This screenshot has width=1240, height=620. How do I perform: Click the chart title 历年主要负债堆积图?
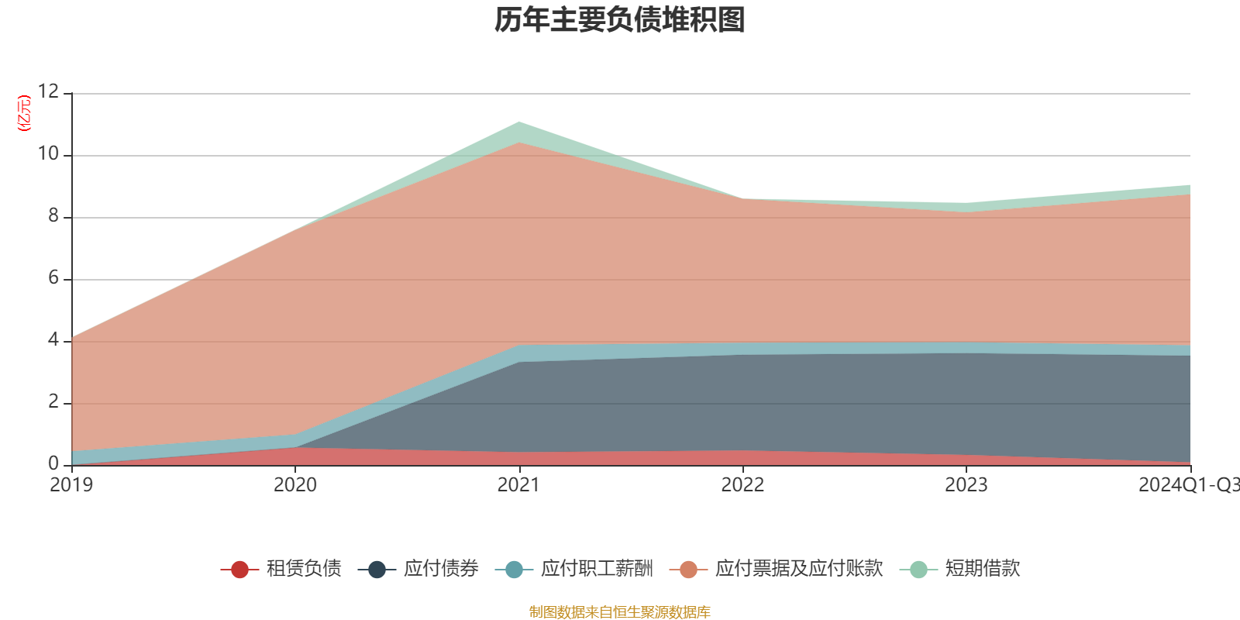tap(620, 21)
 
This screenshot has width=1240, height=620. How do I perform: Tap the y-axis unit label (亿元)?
tap(24, 113)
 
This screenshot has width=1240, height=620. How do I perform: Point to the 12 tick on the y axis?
tap(48, 92)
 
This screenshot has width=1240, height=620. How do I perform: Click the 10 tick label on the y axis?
tap(48, 154)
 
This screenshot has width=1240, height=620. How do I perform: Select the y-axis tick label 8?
tap(53, 216)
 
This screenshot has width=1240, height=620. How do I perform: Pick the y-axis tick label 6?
tap(53, 278)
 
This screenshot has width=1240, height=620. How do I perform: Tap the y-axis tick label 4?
tap(53, 340)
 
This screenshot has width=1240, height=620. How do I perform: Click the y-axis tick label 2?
tap(53, 402)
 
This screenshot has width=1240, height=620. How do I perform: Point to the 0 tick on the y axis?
tap(53, 463)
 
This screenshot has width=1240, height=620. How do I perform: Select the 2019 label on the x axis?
tap(71, 485)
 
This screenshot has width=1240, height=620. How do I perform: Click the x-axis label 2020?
tap(295, 485)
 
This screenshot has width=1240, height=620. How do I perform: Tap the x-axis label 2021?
tap(518, 485)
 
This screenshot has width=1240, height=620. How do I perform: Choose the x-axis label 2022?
tap(742, 485)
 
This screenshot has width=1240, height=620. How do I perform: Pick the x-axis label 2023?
tap(966, 485)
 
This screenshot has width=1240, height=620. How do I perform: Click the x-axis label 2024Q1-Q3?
tap(1188, 485)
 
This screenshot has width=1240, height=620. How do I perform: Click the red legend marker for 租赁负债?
tap(239, 570)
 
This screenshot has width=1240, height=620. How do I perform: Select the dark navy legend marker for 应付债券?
tap(377, 570)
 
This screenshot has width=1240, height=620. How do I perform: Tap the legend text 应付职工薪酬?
tap(597, 569)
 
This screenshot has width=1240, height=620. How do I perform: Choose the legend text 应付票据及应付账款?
tap(798, 569)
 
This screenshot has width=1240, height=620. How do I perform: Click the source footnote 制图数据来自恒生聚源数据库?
tap(620, 612)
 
